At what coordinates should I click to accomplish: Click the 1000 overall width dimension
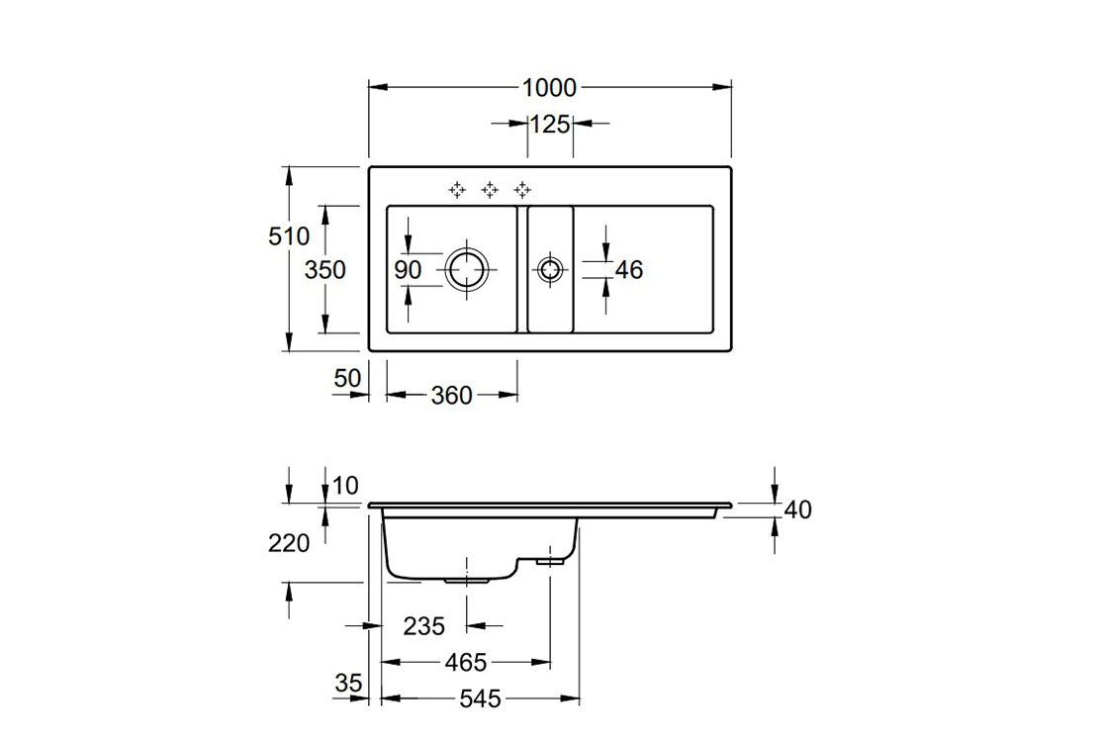click(549, 87)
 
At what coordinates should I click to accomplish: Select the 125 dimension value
click(550, 124)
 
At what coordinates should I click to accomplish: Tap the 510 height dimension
click(289, 236)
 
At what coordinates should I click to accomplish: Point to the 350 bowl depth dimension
click(325, 268)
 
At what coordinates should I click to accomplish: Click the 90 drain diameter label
click(409, 269)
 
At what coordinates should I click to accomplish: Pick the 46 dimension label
click(629, 269)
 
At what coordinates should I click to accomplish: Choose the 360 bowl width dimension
click(451, 396)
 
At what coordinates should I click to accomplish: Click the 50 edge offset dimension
click(345, 377)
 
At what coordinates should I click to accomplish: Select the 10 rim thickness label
click(345, 485)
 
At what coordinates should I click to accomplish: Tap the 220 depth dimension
click(289, 542)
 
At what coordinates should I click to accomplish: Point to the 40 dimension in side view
click(797, 510)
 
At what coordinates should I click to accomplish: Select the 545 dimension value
click(481, 699)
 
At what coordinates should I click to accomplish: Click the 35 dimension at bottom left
click(348, 683)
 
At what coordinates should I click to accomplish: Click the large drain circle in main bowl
click(466, 268)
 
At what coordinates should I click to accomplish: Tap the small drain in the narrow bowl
click(549, 268)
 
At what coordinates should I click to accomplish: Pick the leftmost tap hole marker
click(457, 188)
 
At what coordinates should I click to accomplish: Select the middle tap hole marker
click(490, 188)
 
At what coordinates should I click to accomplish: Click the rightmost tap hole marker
click(522, 188)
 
